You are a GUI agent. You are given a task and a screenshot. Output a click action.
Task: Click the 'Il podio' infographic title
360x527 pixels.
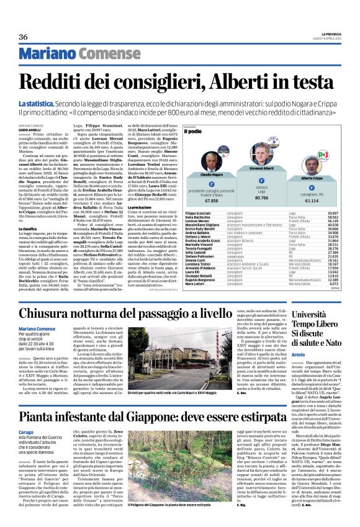(x=194, y=132)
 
